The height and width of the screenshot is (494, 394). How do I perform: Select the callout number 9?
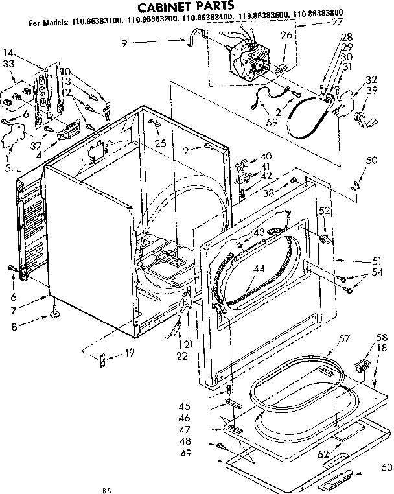pos(124,43)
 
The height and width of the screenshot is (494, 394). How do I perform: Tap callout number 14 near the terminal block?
pos(8,53)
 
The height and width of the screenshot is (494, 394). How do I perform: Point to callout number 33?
pos(8,64)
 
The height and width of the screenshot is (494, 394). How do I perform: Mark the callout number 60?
pos(386,467)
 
